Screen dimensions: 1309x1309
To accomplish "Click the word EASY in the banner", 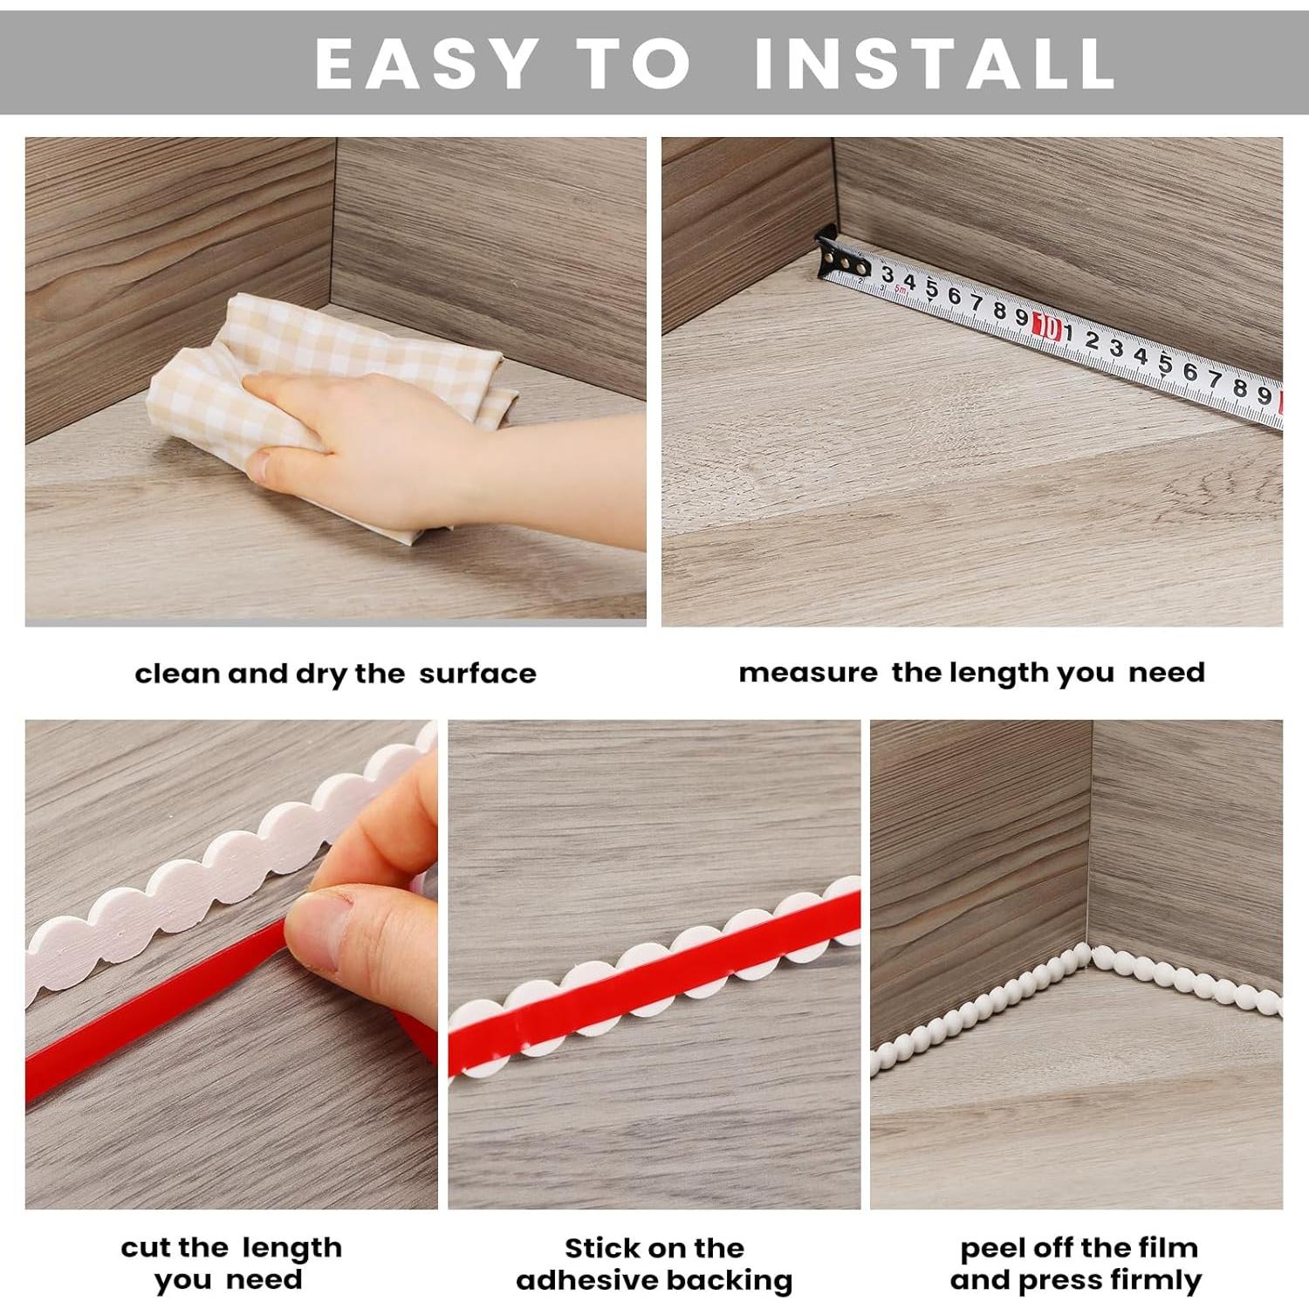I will point(425,63).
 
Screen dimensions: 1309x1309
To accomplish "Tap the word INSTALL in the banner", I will point(934,63).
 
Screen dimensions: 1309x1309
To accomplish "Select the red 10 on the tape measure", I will point(1046,328).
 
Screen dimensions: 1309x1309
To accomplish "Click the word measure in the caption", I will point(807,673).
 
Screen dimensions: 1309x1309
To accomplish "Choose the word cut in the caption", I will point(143,1248).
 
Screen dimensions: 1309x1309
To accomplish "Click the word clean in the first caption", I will point(176,674).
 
